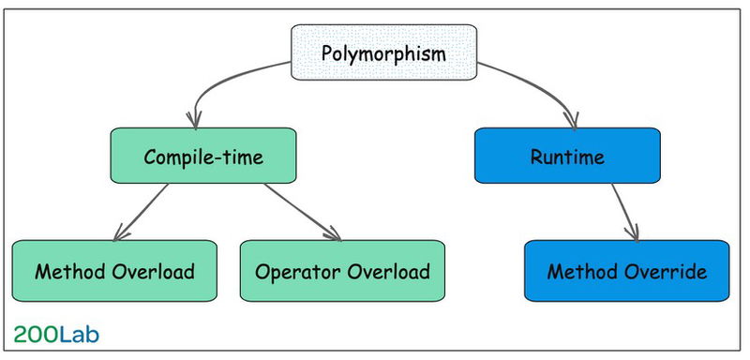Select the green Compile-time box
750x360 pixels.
coord(203,156)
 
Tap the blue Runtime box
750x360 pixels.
coord(566,156)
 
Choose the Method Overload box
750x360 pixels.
coord(114,272)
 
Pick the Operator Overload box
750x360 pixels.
coord(342,272)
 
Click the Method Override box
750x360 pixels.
coord(626,272)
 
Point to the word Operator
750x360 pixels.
coord(292,273)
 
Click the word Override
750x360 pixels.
coord(667,272)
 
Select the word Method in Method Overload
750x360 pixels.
coord(67,272)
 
